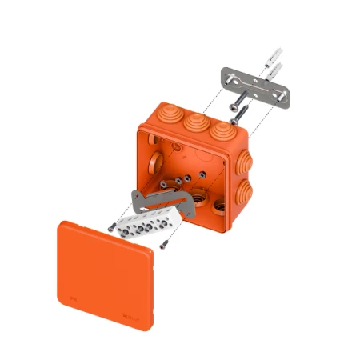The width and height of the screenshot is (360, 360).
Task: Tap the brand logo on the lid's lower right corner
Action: click(135, 317)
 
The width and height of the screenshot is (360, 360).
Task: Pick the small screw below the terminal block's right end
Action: click(163, 245)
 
